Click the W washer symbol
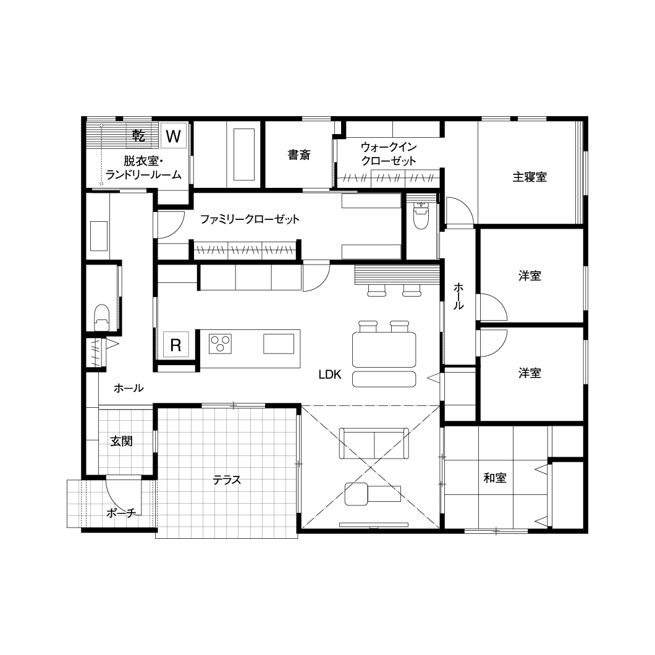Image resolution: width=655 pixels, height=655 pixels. [x=174, y=136]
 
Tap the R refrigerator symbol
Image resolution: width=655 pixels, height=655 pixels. [x=176, y=345]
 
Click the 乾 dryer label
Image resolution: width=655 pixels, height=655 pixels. [x=138, y=135]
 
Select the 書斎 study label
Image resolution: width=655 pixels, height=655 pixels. [x=299, y=155]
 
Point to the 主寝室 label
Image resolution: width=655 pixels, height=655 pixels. [x=530, y=177]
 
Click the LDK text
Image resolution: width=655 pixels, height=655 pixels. [x=330, y=374]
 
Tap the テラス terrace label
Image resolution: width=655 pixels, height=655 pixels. [x=227, y=480]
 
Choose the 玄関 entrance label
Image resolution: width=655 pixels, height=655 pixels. [x=121, y=441]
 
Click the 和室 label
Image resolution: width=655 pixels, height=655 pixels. [x=495, y=478]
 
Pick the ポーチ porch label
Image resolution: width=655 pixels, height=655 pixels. [x=121, y=512]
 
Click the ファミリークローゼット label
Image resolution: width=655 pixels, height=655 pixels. [x=250, y=219]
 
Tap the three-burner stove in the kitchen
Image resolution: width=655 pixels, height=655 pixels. [x=220, y=344]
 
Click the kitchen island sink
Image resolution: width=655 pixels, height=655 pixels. [x=279, y=344]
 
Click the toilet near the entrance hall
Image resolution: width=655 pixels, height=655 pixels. [x=102, y=317]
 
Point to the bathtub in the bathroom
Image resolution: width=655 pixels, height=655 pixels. [x=244, y=154]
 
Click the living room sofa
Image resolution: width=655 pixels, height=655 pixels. [x=374, y=443]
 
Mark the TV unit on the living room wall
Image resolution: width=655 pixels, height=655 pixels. [x=374, y=524]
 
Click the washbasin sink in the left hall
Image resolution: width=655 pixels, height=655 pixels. [x=99, y=236]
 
